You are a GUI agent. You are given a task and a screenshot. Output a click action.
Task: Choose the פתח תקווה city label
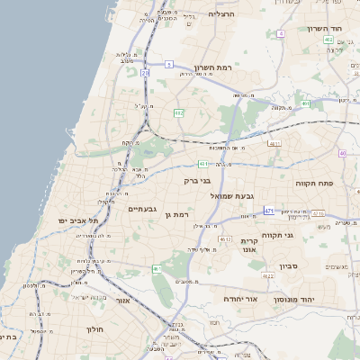(x=315, y=182)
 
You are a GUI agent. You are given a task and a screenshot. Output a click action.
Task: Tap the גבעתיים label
(x=142, y=210)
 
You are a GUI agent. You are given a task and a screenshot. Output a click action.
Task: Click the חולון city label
(x=95, y=329)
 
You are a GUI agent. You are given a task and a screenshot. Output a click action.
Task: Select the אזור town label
(x=124, y=301)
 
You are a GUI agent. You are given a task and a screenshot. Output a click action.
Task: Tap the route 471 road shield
(x=268, y=211)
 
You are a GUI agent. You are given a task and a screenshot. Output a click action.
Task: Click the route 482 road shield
(x=179, y=112)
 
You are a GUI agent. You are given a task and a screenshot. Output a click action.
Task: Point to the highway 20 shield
(x=145, y=73)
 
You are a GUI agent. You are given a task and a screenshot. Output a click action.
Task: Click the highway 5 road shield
(x=168, y=64)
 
